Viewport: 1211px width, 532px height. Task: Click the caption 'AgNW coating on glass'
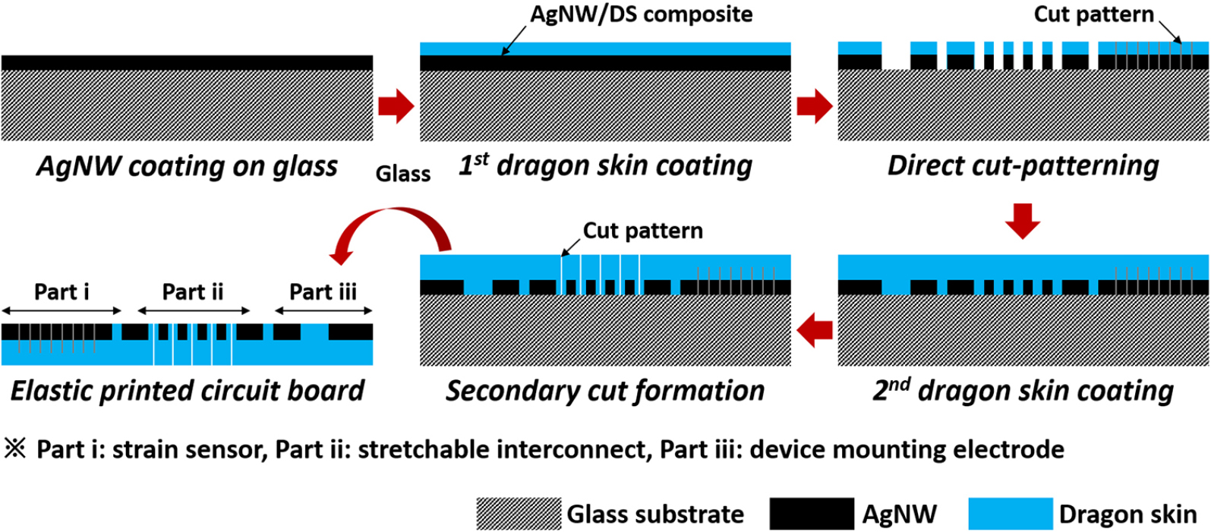coord(187,166)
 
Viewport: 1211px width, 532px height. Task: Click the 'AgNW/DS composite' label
coord(641,14)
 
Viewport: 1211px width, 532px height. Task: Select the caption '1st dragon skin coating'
coord(605,165)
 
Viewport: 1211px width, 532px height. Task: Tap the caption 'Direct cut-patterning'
coord(1023,165)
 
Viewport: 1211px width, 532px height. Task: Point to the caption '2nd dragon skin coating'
coord(1023,390)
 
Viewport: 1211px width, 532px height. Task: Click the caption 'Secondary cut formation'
coord(605,390)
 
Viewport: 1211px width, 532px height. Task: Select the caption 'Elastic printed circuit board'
coord(187,390)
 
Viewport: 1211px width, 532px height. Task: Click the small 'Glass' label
coord(402,174)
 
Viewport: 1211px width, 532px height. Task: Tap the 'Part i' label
coord(61,291)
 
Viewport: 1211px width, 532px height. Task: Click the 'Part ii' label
coord(193,291)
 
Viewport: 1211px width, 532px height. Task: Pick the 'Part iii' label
coord(323,291)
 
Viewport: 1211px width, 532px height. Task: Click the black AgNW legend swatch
coord(811,514)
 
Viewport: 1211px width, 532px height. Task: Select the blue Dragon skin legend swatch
coord(1010,514)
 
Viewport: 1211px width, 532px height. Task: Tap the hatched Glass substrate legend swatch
coord(519,514)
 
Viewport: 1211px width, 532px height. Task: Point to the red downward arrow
coord(1023,220)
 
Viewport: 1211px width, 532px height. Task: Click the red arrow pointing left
coord(814,330)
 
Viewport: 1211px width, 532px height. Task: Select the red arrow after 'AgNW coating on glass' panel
coord(396,105)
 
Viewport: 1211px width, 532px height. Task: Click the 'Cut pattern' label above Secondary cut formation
coord(642,231)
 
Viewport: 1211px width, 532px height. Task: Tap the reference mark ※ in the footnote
coord(15,449)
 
